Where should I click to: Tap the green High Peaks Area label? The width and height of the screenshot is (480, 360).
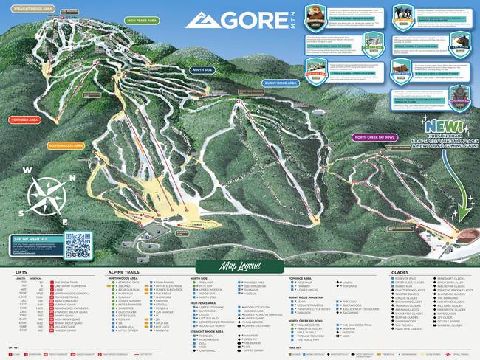[x=140, y=20]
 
